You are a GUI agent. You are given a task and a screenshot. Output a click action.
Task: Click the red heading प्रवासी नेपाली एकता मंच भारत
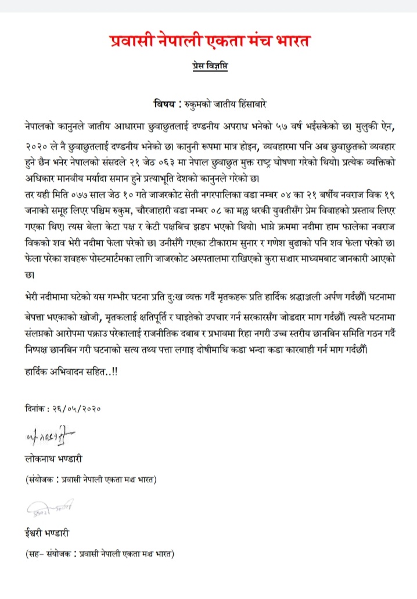coord(210,41)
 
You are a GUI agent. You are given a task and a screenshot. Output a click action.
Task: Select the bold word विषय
coord(167,105)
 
